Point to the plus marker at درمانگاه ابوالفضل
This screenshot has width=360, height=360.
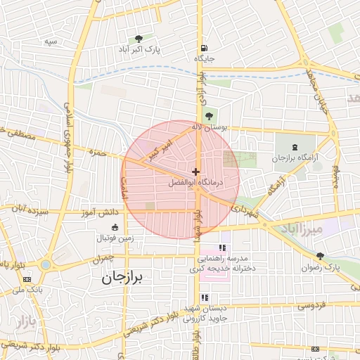click(x=195, y=172)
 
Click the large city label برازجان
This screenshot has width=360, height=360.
click(x=116, y=278)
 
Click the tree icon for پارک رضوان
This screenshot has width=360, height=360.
click(x=321, y=256)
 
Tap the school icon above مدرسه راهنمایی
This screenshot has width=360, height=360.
click(x=222, y=247)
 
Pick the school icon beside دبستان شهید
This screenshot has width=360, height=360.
click(x=205, y=297)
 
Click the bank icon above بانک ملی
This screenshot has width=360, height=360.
click(x=27, y=279)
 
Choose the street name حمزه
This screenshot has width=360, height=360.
click(x=97, y=152)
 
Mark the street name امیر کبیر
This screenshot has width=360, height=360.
click(x=155, y=149)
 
